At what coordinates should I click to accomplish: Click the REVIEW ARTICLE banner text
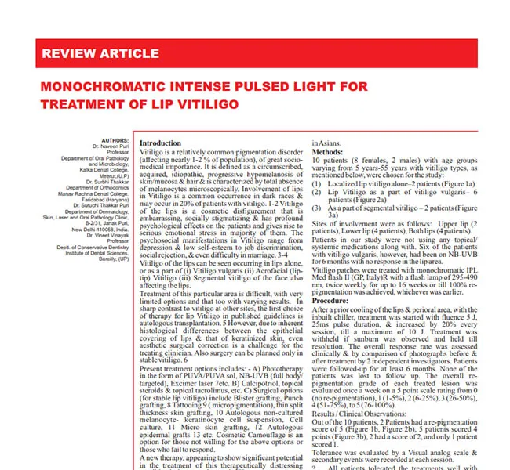(99, 54)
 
